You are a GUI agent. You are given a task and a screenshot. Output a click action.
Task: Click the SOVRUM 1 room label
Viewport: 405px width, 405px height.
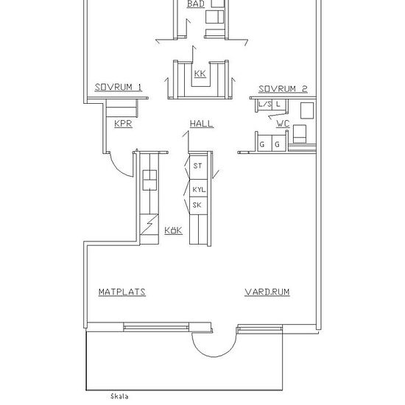pyautogui.click(x=119, y=88)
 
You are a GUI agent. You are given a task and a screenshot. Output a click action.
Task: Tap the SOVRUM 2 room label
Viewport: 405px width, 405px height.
pyautogui.click(x=283, y=89)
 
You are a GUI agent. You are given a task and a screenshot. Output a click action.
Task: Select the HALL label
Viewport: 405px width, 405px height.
pyautogui.click(x=202, y=124)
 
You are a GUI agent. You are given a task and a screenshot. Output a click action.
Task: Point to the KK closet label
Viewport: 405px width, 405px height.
pyautogui.click(x=200, y=74)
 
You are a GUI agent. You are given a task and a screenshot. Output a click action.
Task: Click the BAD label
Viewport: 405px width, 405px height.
pyautogui.click(x=196, y=4)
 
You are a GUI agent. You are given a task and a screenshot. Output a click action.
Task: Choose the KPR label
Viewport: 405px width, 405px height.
pyautogui.click(x=123, y=124)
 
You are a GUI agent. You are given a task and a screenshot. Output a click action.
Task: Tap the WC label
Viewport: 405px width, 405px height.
pyautogui.click(x=283, y=124)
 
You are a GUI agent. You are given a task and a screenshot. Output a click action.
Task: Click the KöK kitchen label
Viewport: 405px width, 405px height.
pyautogui.click(x=173, y=230)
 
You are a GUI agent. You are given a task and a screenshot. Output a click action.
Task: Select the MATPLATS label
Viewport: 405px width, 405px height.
pyautogui.click(x=122, y=292)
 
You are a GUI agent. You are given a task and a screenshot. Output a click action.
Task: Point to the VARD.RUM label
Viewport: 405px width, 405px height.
pyautogui.click(x=267, y=292)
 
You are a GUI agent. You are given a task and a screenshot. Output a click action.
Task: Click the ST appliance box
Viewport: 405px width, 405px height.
pyautogui.click(x=198, y=167)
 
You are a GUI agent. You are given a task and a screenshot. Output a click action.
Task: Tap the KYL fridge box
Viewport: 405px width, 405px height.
pyautogui.click(x=198, y=188)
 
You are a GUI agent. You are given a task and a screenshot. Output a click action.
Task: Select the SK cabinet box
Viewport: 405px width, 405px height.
pyautogui.click(x=198, y=205)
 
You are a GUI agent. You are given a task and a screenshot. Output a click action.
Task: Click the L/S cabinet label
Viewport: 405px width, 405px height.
pyautogui.click(x=265, y=105)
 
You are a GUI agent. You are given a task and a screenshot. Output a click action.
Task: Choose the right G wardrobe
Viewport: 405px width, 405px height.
pyautogui.click(x=278, y=144)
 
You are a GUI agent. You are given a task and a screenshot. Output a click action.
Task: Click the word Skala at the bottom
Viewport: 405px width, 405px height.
pyautogui.click(x=119, y=396)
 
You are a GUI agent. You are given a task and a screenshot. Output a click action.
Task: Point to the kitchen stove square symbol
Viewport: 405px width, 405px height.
pyautogui.click(x=149, y=180)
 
